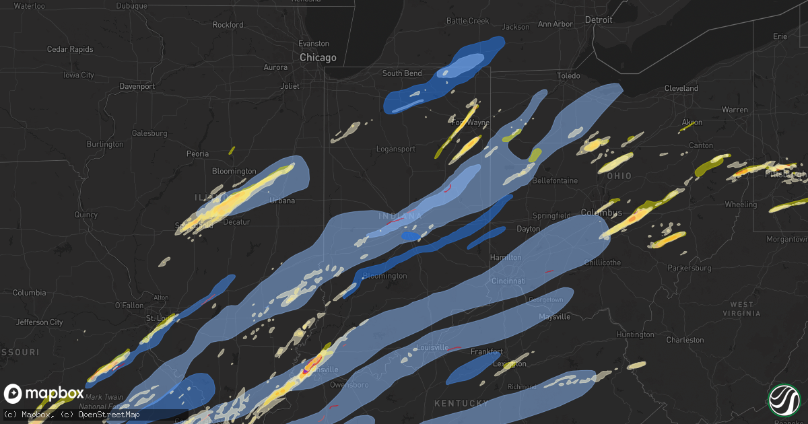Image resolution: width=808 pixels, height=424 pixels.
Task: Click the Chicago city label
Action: [318, 58]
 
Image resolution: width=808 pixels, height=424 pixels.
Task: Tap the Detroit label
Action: [598, 20]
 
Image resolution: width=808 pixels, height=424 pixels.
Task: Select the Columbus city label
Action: [601, 213]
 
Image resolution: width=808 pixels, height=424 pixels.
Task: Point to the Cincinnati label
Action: [508, 280]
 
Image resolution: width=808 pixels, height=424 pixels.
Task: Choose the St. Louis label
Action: [160, 318]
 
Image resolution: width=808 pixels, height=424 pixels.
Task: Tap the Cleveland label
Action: [681, 89]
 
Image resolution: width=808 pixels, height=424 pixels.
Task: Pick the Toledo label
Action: [568, 76]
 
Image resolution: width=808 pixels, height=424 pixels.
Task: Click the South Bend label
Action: [402, 73]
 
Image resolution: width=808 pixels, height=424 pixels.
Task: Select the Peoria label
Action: [197, 154]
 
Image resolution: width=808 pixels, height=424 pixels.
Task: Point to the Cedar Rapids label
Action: [69, 49]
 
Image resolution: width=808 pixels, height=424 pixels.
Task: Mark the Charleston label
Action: [685, 340]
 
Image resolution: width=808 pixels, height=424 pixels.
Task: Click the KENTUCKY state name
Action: [461, 403]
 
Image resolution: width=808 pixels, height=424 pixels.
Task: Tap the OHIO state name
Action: [619, 176]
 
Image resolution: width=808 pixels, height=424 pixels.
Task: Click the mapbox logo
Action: [44, 394]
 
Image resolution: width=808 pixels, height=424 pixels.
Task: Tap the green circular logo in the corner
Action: [784, 400]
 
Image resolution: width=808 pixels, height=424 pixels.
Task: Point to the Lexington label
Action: [510, 364]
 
